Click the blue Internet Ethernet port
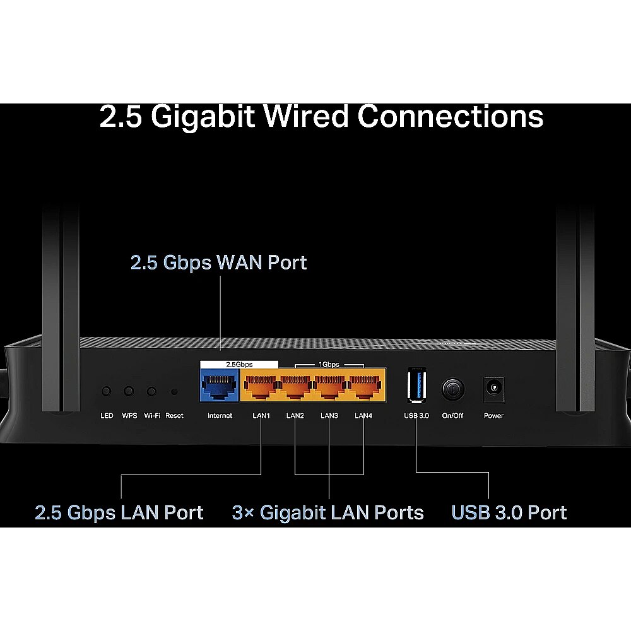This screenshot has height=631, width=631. click(220, 386)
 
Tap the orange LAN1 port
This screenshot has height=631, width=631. click(261, 386)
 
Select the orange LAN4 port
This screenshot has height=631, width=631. click(365, 386)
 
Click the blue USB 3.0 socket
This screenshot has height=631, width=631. click(416, 385)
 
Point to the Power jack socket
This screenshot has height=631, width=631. click(494, 389)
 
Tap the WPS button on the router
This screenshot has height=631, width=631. click(129, 391)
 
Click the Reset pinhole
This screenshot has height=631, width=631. click(174, 391)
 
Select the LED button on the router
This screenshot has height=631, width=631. click(106, 391)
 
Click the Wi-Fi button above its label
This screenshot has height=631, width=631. click(151, 391)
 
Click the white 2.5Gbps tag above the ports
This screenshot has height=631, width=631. click(239, 364)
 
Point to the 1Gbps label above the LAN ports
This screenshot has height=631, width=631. click(329, 364)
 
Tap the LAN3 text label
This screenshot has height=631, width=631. click(329, 415)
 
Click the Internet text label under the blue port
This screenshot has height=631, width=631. click(220, 415)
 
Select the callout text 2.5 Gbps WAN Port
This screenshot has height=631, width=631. click(218, 262)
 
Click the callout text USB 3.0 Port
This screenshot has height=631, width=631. click(509, 512)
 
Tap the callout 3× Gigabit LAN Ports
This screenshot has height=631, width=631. click(327, 512)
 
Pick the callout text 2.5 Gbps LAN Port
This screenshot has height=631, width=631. click(119, 512)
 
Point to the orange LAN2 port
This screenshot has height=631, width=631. click(295, 386)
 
